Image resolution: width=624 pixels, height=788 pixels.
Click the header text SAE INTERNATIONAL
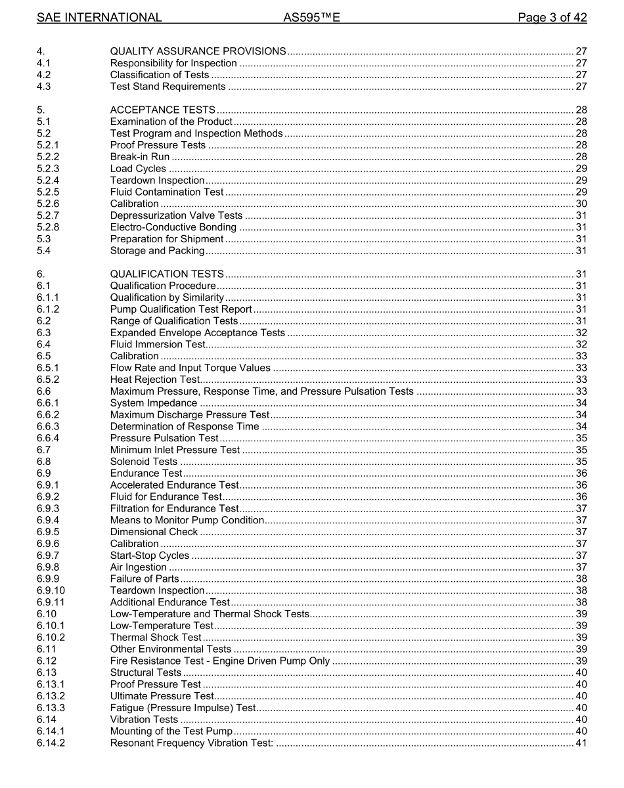click(x=99, y=18)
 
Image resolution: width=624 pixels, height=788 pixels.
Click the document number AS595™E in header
click(x=311, y=18)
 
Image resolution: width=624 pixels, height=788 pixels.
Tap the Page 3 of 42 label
click(x=552, y=18)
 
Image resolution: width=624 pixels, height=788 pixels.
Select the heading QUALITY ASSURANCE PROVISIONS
click(x=198, y=51)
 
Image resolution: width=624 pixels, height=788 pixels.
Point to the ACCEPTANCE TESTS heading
click(x=162, y=110)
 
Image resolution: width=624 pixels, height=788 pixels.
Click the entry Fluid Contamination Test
click(x=167, y=192)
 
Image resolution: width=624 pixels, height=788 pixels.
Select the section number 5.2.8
click(x=48, y=227)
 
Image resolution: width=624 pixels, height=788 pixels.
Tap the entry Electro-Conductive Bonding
click(x=173, y=227)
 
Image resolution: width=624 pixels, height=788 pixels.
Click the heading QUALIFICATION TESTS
click(x=167, y=274)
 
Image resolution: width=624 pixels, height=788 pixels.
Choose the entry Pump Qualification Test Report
click(x=181, y=309)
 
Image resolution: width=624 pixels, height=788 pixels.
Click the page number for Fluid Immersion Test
click(x=581, y=344)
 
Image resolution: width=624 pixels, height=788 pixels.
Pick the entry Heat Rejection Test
click(x=154, y=380)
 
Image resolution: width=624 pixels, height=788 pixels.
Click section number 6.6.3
click(x=48, y=426)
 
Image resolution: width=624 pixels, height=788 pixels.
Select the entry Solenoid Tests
click(x=143, y=462)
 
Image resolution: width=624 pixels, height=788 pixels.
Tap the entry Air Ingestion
click(x=138, y=567)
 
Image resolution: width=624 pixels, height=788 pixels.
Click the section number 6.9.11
click(x=51, y=602)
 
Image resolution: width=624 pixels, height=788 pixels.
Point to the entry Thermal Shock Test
click(x=156, y=637)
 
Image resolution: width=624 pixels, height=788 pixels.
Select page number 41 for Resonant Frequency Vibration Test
click(x=581, y=743)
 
